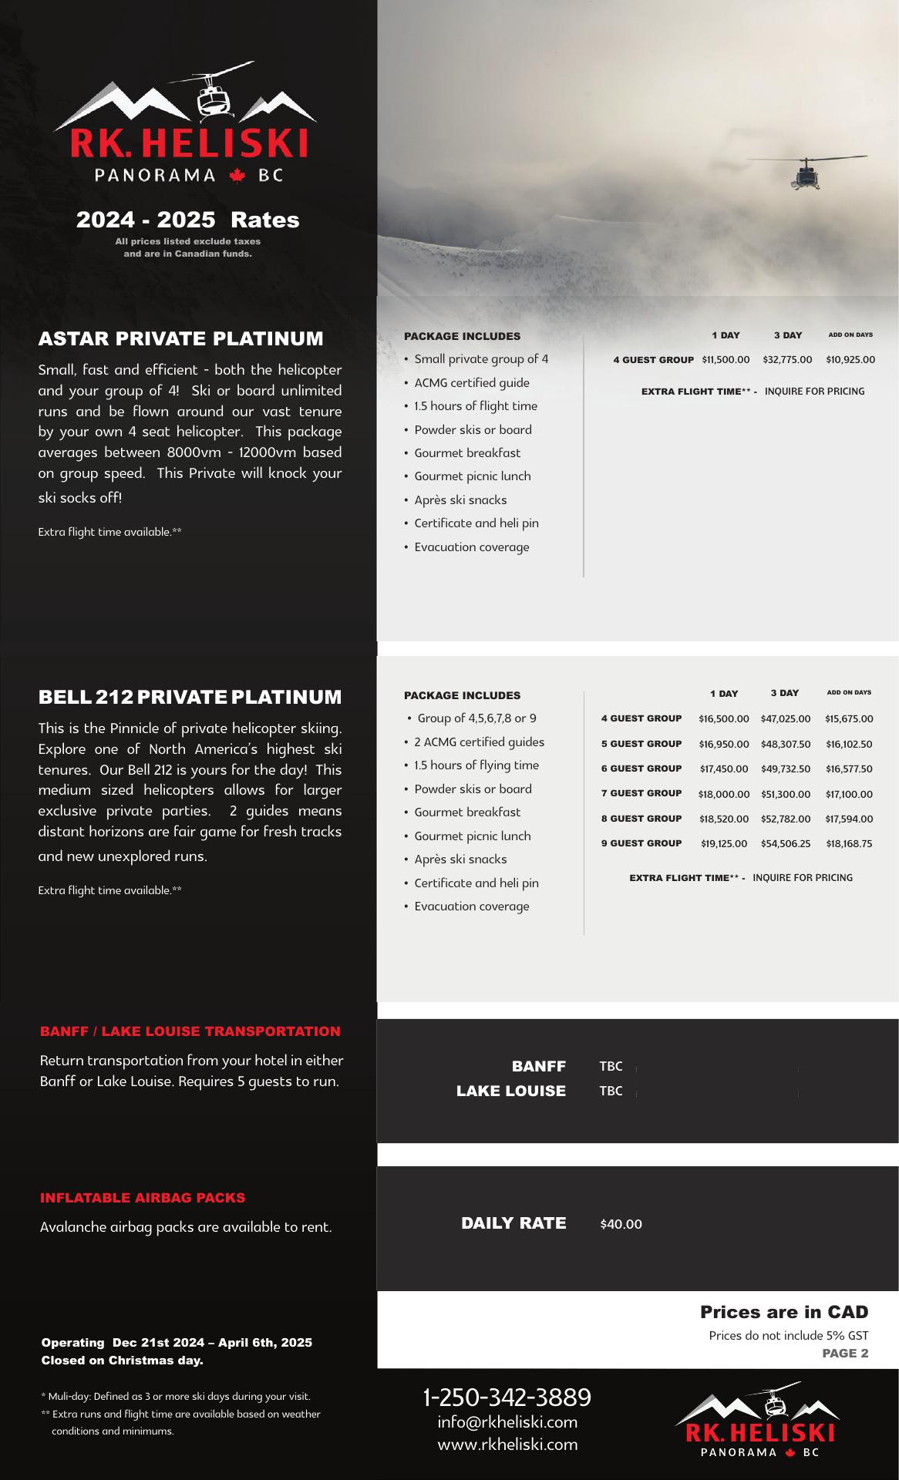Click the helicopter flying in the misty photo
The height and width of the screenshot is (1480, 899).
pyautogui.click(x=806, y=173)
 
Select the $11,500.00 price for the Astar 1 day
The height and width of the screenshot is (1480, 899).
pyautogui.click(x=726, y=360)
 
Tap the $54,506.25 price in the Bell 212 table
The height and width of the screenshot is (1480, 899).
pyautogui.click(x=785, y=844)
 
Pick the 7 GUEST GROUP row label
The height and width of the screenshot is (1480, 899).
pyautogui.click(x=641, y=793)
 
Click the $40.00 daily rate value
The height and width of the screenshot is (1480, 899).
pyautogui.click(x=621, y=1224)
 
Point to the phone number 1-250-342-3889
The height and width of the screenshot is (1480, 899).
pyautogui.click(x=507, y=1397)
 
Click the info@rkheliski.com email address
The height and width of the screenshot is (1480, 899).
pyautogui.click(x=507, y=1422)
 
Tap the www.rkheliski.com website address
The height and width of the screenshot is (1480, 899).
pyautogui.click(x=507, y=1445)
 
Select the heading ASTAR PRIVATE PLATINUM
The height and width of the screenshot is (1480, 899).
pyautogui.click(x=181, y=338)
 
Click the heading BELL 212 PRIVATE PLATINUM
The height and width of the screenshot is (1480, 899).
pyautogui.click(x=190, y=697)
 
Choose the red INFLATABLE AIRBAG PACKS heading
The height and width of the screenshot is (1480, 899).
pyautogui.click(x=143, y=1198)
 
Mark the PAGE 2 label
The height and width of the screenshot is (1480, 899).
pyautogui.click(x=845, y=1353)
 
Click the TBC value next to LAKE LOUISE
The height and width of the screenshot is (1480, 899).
pyautogui.click(x=611, y=1091)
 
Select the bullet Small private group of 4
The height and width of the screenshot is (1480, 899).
pyautogui.click(x=481, y=359)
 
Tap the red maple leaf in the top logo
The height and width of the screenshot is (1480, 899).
pyautogui.click(x=237, y=177)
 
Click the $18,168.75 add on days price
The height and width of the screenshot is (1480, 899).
pyautogui.click(x=849, y=844)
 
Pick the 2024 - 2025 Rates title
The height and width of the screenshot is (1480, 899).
pyautogui.click(x=187, y=220)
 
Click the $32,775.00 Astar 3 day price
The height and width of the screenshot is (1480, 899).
pyautogui.click(x=787, y=360)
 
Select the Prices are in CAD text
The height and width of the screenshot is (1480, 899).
pyautogui.click(x=784, y=1312)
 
